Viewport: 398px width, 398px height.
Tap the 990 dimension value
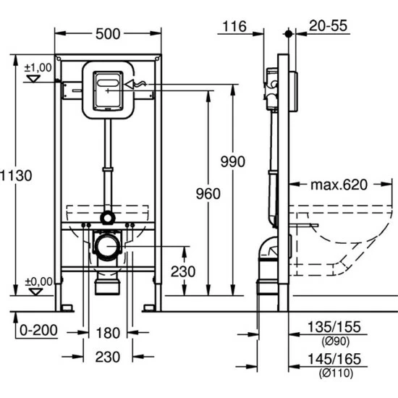click(232, 161)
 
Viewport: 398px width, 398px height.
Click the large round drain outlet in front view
click(106, 246)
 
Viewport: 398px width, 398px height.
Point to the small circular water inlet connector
click(106, 216)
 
